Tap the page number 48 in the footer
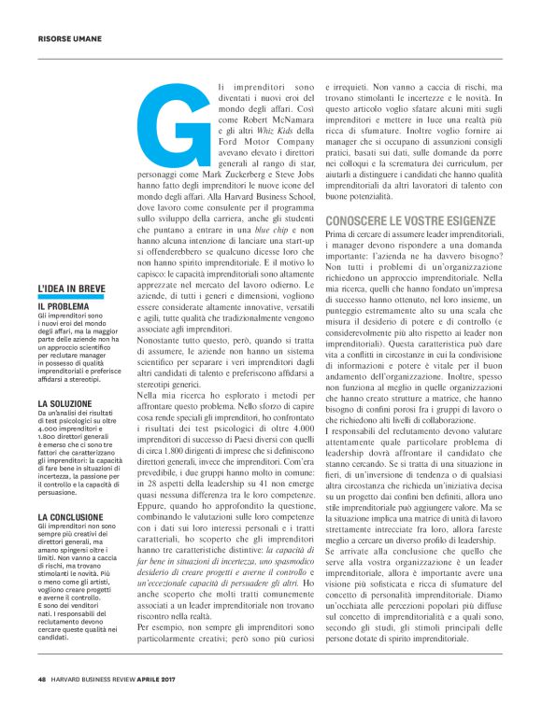click(42, 680)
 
